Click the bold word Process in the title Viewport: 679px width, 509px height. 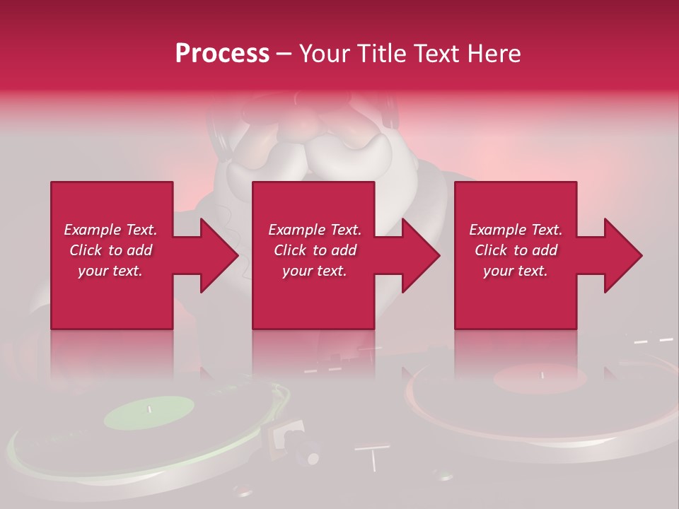point(222,53)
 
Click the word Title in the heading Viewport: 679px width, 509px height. point(381,53)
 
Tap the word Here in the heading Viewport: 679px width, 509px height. point(493,53)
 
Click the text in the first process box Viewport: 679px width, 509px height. point(111,250)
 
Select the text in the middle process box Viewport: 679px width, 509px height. point(315,250)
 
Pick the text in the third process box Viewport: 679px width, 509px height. point(516,250)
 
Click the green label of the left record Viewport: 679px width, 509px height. point(149,412)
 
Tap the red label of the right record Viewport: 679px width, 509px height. point(540,379)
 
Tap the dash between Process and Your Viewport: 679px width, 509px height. point(284,54)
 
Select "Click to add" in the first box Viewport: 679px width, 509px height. point(111,250)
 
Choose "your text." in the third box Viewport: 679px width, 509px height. point(516,271)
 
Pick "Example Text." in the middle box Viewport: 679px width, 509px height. point(315,230)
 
